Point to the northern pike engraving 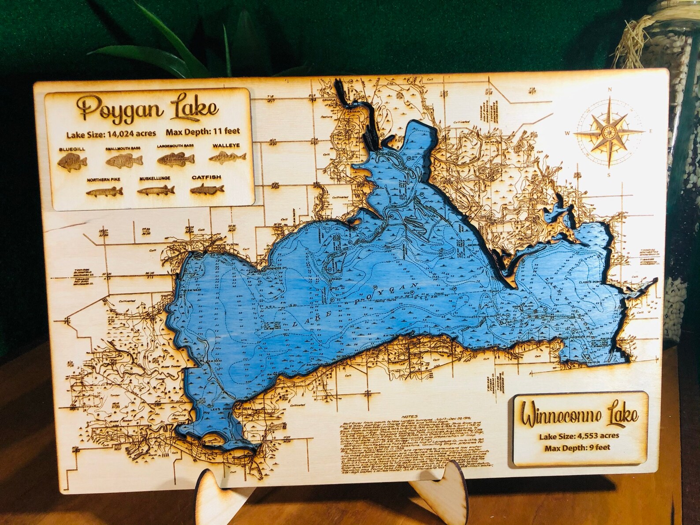point(104,192)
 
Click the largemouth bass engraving point(175,159)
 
